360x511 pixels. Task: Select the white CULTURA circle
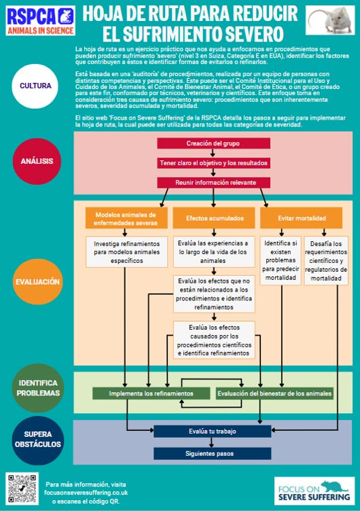click(x=35, y=86)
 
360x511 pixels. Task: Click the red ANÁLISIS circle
click(x=35, y=161)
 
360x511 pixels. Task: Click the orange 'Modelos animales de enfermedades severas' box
click(x=126, y=218)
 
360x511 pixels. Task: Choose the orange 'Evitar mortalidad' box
click(x=302, y=218)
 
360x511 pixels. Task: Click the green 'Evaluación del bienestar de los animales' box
click(x=274, y=393)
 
